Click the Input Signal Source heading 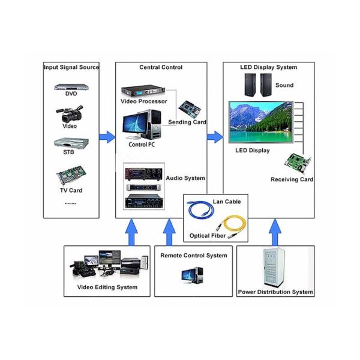[71, 67]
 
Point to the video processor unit [143, 92]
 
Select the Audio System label [185, 178]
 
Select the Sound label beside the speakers [284, 86]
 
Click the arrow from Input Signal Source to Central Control [106, 137]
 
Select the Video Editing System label [107, 287]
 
